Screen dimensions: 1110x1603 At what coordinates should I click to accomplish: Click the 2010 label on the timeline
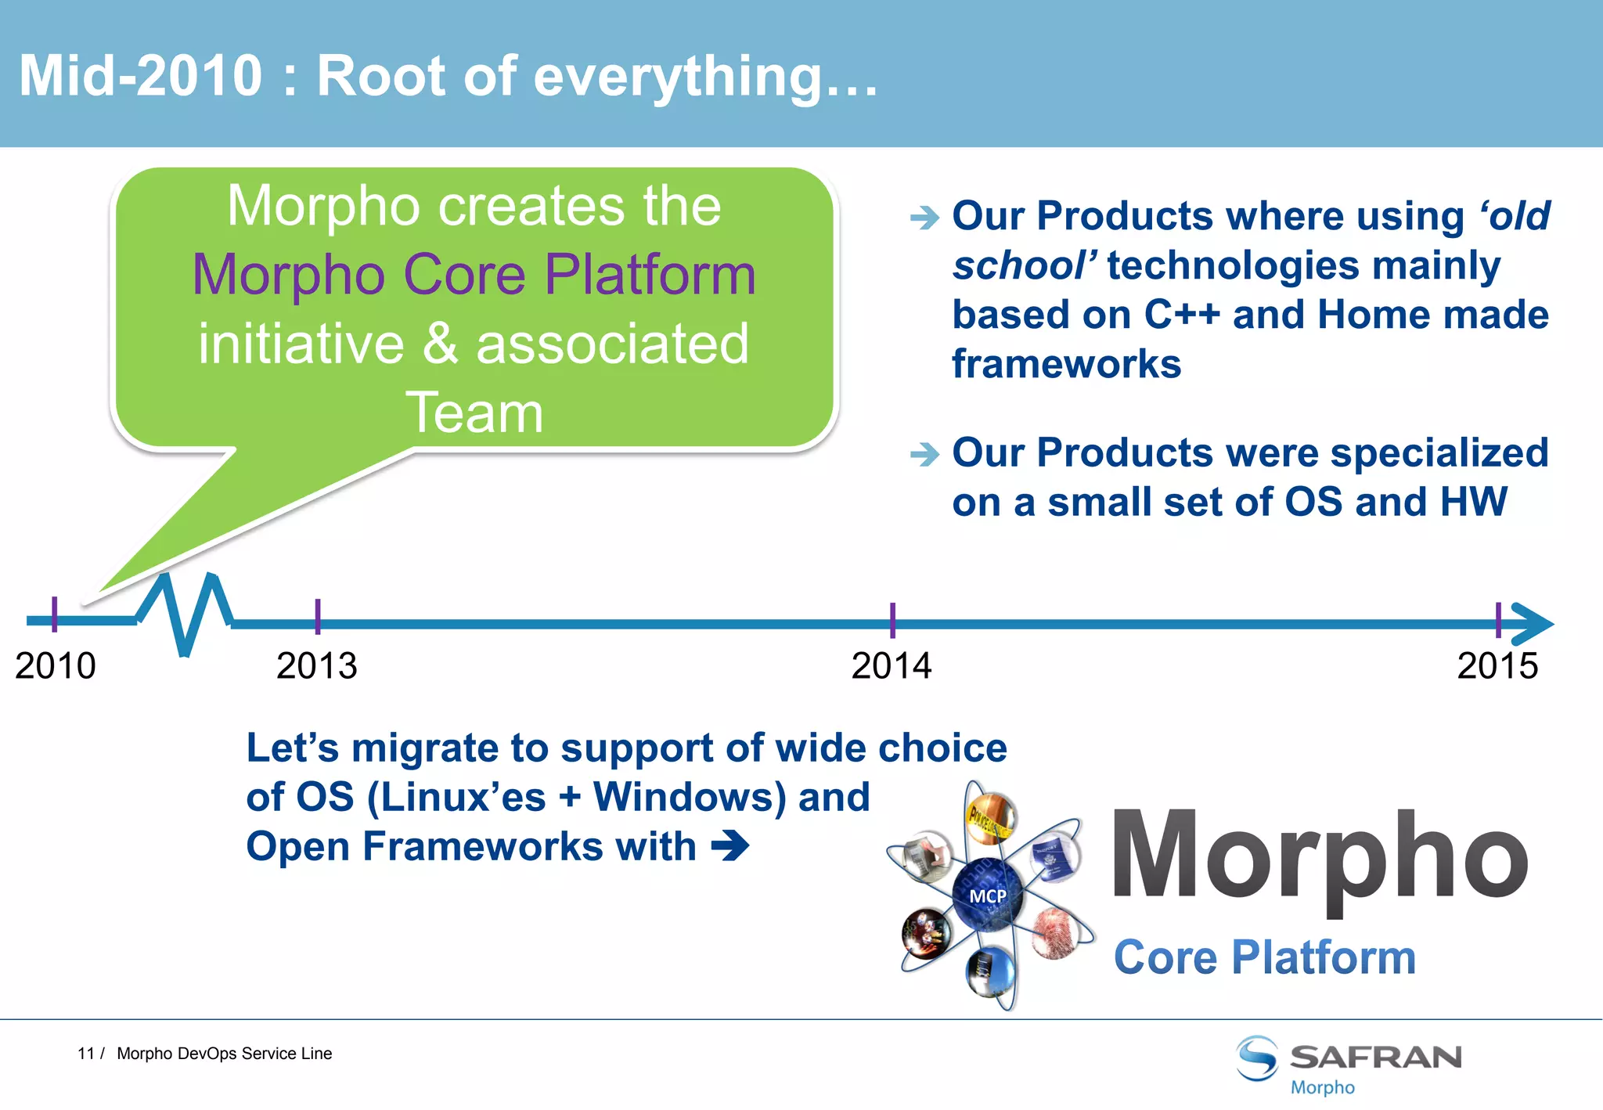coord(55,666)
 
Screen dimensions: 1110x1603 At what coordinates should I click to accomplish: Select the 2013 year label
coord(316,666)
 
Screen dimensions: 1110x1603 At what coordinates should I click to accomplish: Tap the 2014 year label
coord(891,666)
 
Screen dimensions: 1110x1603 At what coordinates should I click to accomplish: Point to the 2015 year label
coord(1497,666)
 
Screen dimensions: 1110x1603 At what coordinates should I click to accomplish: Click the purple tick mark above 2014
coord(892,619)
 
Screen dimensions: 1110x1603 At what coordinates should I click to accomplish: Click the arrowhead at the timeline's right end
coord(1533,624)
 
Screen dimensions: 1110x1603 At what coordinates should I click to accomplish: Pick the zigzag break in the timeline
coord(185,614)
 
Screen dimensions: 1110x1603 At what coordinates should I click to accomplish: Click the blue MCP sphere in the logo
coord(988,895)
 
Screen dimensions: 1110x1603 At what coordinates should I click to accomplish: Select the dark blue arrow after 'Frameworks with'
coord(730,846)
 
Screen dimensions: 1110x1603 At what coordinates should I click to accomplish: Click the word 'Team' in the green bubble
coord(474,413)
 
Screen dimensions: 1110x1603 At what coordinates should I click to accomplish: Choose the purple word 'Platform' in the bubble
coord(650,275)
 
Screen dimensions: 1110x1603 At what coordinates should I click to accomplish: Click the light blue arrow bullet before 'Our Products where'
coord(924,217)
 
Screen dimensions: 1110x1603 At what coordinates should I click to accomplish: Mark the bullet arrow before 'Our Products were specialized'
coord(924,453)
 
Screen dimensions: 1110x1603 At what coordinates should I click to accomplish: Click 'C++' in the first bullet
coord(1182,315)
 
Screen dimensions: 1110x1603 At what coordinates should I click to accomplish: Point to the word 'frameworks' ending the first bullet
coord(1066,364)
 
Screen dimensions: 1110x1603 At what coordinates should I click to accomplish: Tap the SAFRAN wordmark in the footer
coord(1375,1057)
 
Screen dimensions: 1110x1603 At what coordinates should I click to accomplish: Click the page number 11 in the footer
coord(85,1054)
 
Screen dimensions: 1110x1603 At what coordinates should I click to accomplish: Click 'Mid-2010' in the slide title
coord(141,76)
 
